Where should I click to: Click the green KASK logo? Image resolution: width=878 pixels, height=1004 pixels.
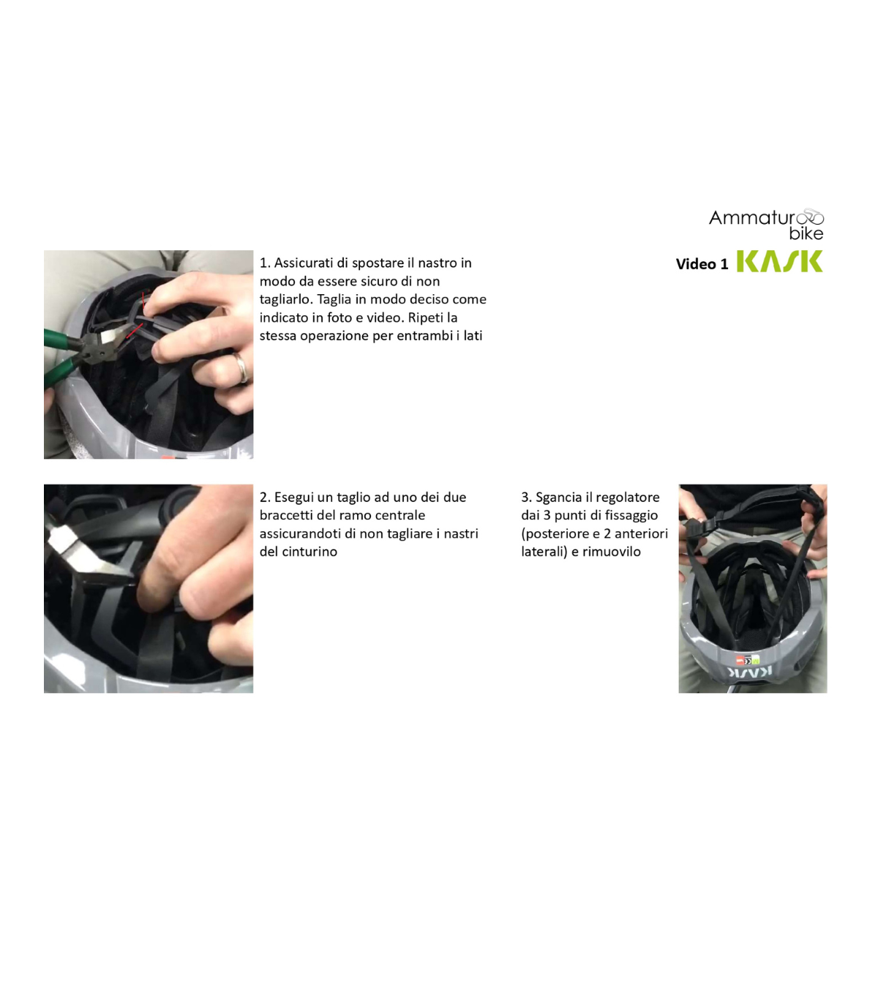(x=779, y=261)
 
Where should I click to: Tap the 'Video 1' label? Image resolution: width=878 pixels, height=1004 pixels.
(x=702, y=264)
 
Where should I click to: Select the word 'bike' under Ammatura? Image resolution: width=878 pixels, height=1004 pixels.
(x=806, y=233)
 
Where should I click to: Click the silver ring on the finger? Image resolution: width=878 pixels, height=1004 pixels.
(x=241, y=367)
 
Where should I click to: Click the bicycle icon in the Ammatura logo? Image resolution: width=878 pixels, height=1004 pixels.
(x=809, y=217)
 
